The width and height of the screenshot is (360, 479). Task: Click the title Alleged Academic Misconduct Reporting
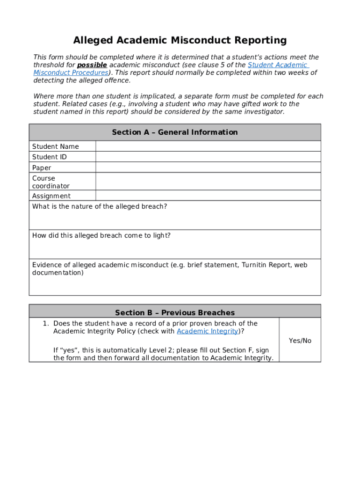(x=180, y=40)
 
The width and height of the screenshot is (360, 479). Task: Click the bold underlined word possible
(x=92, y=65)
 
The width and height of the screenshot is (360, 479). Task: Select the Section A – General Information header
(x=175, y=132)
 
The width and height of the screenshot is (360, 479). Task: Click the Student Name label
(x=56, y=146)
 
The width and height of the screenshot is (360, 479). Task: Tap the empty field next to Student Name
(x=208, y=146)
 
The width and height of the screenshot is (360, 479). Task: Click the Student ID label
(x=50, y=157)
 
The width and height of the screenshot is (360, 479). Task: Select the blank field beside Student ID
(x=208, y=157)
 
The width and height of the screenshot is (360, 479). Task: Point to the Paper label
(x=42, y=168)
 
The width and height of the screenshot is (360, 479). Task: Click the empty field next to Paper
(x=208, y=167)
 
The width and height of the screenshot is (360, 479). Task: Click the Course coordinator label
(x=50, y=182)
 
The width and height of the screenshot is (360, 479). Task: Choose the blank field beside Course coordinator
(x=208, y=181)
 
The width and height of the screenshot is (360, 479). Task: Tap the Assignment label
(x=51, y=196)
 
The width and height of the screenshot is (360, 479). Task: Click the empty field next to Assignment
(x=208, y=196)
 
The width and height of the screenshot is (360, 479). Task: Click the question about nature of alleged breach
(x=100, y=207)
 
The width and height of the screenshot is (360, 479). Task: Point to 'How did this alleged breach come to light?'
(x=101, y=236)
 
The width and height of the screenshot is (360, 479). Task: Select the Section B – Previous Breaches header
(x=175, y=312)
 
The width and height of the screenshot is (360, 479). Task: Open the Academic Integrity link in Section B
(x=208, y=331)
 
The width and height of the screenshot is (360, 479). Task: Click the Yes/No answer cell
(x=300, y=341)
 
